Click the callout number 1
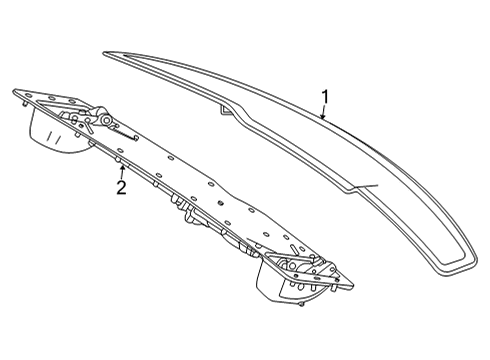[325, 97]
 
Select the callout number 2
[121, 188]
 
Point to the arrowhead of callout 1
[322, 116]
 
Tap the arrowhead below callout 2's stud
[122, 168]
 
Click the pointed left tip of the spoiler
[104, 53]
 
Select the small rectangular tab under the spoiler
[225, 110]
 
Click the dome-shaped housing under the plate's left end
[58, 133]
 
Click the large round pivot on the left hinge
[106, 120]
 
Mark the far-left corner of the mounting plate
[14, 91]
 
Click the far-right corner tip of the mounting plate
[352, 286]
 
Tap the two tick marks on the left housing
[54, 137]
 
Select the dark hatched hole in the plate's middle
[220, 202]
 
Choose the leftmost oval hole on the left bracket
[29, 96]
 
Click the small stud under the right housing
[301, 304]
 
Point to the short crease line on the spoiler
[367, 186]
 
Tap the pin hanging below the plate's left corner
[25, 105]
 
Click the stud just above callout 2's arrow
[118, 160]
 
